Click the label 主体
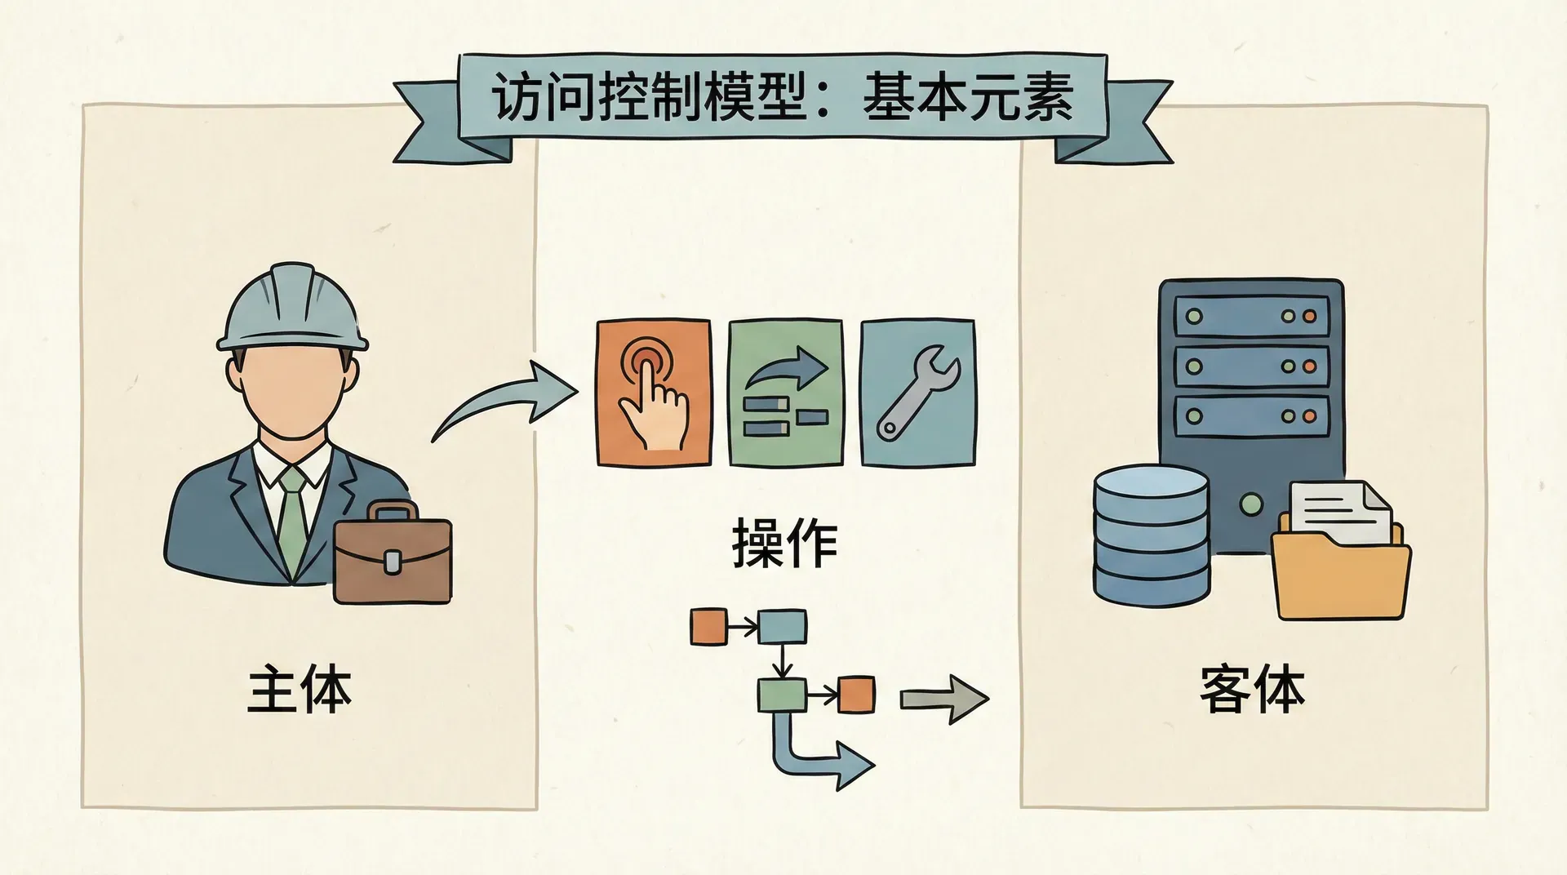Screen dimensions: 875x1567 [300, 691]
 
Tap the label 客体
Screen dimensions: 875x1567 [1252, 691]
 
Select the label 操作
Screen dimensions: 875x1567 [784, 543]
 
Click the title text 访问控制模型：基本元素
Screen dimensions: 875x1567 [782, 99]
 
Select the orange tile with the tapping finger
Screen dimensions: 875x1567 [653, 393]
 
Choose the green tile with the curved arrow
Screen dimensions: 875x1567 [785, 393]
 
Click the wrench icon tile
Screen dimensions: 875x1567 [917, 393]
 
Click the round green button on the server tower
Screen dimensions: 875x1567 [1251, 504]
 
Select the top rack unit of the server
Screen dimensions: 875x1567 [1251, 315]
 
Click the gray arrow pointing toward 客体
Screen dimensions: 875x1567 [943, 700]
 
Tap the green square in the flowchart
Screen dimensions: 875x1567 [782, 695]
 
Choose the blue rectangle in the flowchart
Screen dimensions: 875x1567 [782, 627]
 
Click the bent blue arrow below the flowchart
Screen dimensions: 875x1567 [816, 755]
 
